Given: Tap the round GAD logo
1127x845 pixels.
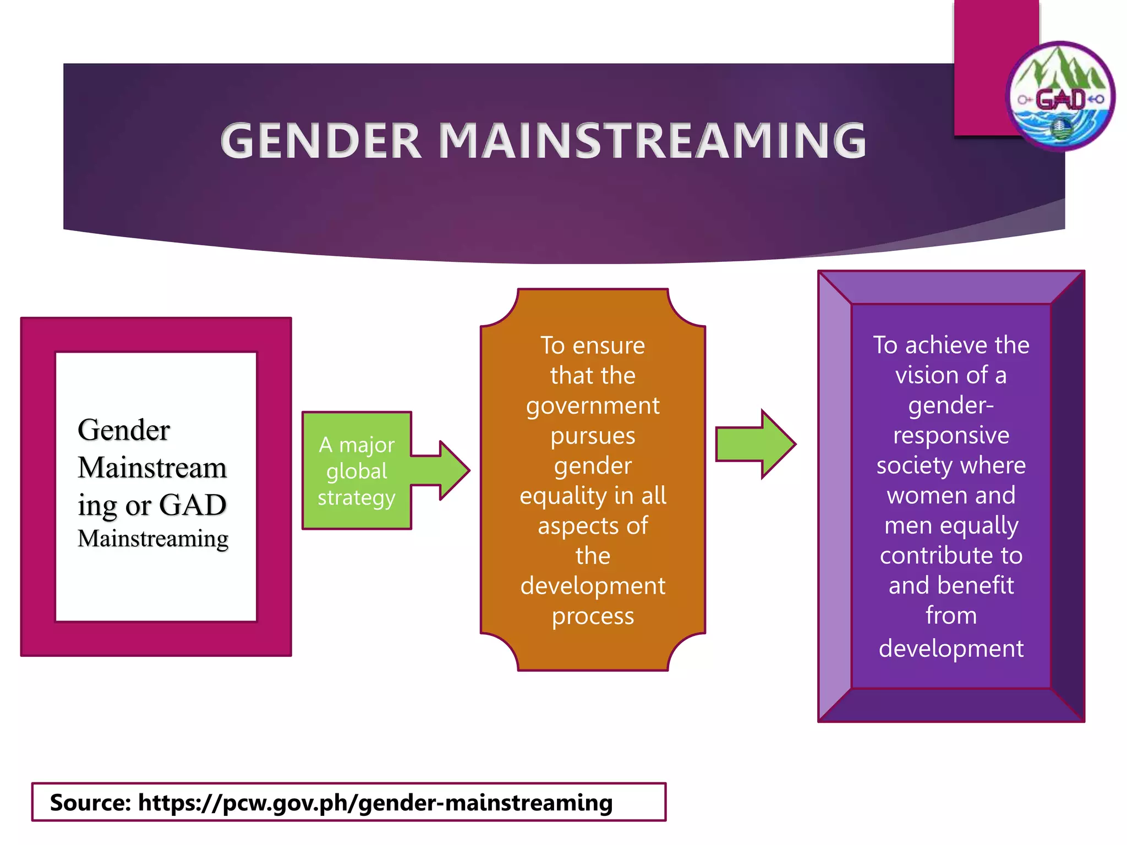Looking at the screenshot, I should tap(1060, 97).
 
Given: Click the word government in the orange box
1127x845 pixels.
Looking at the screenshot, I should tap(593, 406).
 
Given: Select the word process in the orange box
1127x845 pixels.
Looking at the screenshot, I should tap(593, 616).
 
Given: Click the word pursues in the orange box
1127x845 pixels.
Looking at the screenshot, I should tap(593, 436).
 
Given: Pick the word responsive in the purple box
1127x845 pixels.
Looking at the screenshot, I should tap(951, 435).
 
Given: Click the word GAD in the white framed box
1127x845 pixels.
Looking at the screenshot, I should tap(193, 505).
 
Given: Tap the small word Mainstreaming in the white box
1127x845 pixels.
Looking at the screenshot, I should tap(153, 539).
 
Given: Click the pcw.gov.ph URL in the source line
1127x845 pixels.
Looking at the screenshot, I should tap(375, 803).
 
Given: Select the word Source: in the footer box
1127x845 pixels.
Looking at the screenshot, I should tap(90, 803).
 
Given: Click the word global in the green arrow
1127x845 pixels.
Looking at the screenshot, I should tap(357, 471).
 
